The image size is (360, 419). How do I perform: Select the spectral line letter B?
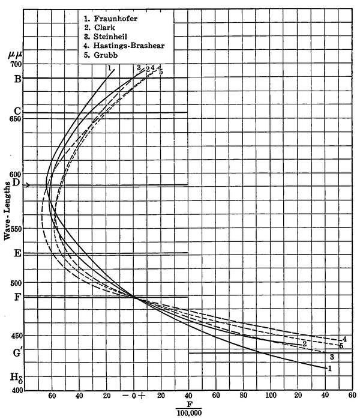click(x=17, y=79)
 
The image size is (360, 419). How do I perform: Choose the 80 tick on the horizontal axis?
click(x=244, y=396)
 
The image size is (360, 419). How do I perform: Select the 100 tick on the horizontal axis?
click(x=271, y=396)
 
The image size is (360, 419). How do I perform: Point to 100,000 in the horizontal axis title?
click(x=188, y=412)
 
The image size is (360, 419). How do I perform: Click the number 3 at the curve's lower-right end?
click(x=331, y=357)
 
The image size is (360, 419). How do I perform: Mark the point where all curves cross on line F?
click(x=134, y=297)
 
